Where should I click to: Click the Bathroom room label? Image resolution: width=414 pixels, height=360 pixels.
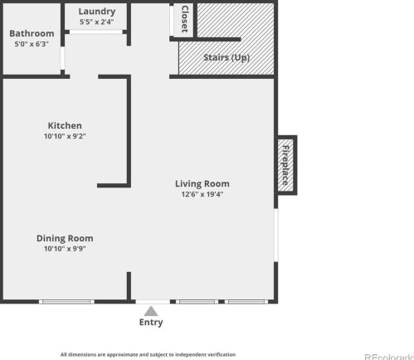[x=32, y=33]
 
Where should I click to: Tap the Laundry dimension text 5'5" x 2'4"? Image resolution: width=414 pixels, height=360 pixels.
[x=97, y=22]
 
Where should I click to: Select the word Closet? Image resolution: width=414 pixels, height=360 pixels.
[x=185, y=19]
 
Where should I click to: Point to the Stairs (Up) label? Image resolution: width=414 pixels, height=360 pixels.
[x=226, y=57]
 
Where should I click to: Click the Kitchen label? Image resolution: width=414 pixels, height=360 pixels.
[x=65, y=125]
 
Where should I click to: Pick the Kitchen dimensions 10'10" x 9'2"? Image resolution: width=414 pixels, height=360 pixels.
[x=65, y=136]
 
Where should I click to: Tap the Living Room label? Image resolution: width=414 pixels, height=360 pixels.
[x=202, y=183]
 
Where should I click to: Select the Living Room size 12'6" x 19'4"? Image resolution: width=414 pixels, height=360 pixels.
[x=202, y=194]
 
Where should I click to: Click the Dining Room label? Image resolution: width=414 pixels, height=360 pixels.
[x=65, y=238]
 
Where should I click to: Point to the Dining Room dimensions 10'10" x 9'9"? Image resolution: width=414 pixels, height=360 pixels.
[x=65, y=249]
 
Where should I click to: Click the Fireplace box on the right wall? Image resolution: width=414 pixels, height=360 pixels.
[x=287, y=165]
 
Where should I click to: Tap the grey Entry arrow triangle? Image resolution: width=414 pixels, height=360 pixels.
[x=151, y=311]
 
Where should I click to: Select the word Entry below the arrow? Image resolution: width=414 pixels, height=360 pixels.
[x=151, y=323]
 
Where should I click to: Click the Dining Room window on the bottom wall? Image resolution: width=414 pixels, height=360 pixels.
[x=66, y=302]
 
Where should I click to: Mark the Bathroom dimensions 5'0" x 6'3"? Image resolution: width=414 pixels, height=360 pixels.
[x=32, y=44]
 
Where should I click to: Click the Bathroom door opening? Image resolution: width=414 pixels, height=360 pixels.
[x=62, y=58]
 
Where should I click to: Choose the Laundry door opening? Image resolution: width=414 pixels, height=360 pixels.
[x=95, y=32]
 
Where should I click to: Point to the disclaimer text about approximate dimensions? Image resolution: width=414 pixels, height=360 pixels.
[x=148, y=354]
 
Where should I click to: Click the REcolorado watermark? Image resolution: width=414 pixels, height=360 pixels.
[x=389, y=357]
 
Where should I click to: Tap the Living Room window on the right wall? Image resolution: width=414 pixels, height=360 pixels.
[x=276, y=235]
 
